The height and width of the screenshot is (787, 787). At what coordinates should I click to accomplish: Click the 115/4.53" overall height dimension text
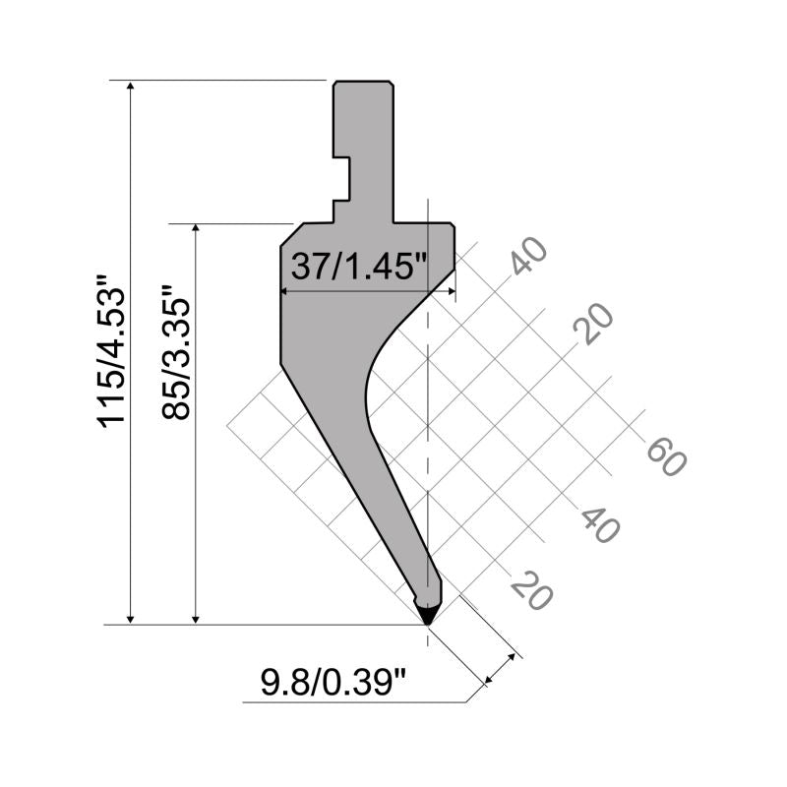pyautogui.click(x=110, y=351)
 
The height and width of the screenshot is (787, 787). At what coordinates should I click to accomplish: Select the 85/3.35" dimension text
pyautogui.click(x=176, y=352)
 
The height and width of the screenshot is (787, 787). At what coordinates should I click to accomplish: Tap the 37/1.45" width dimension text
pyautogui.click(x=359, y=266)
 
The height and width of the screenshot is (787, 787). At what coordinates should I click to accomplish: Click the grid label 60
pyautogui.click(x=666, y=456)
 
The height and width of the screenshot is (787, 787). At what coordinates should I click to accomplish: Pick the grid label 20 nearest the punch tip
pyautogui.click(x=531, y=590)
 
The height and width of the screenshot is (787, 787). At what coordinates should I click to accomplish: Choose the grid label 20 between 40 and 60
pyautogui.click(x=593, y=324)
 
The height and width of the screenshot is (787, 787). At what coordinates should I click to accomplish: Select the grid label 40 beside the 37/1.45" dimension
pyautogui.click(x=529, y=256)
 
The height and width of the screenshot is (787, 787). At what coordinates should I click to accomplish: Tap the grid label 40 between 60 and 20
pyautogui.click(x=600, y=525)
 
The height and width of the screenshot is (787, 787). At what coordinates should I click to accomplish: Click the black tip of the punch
pyautogui.click(x=427, y=616)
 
